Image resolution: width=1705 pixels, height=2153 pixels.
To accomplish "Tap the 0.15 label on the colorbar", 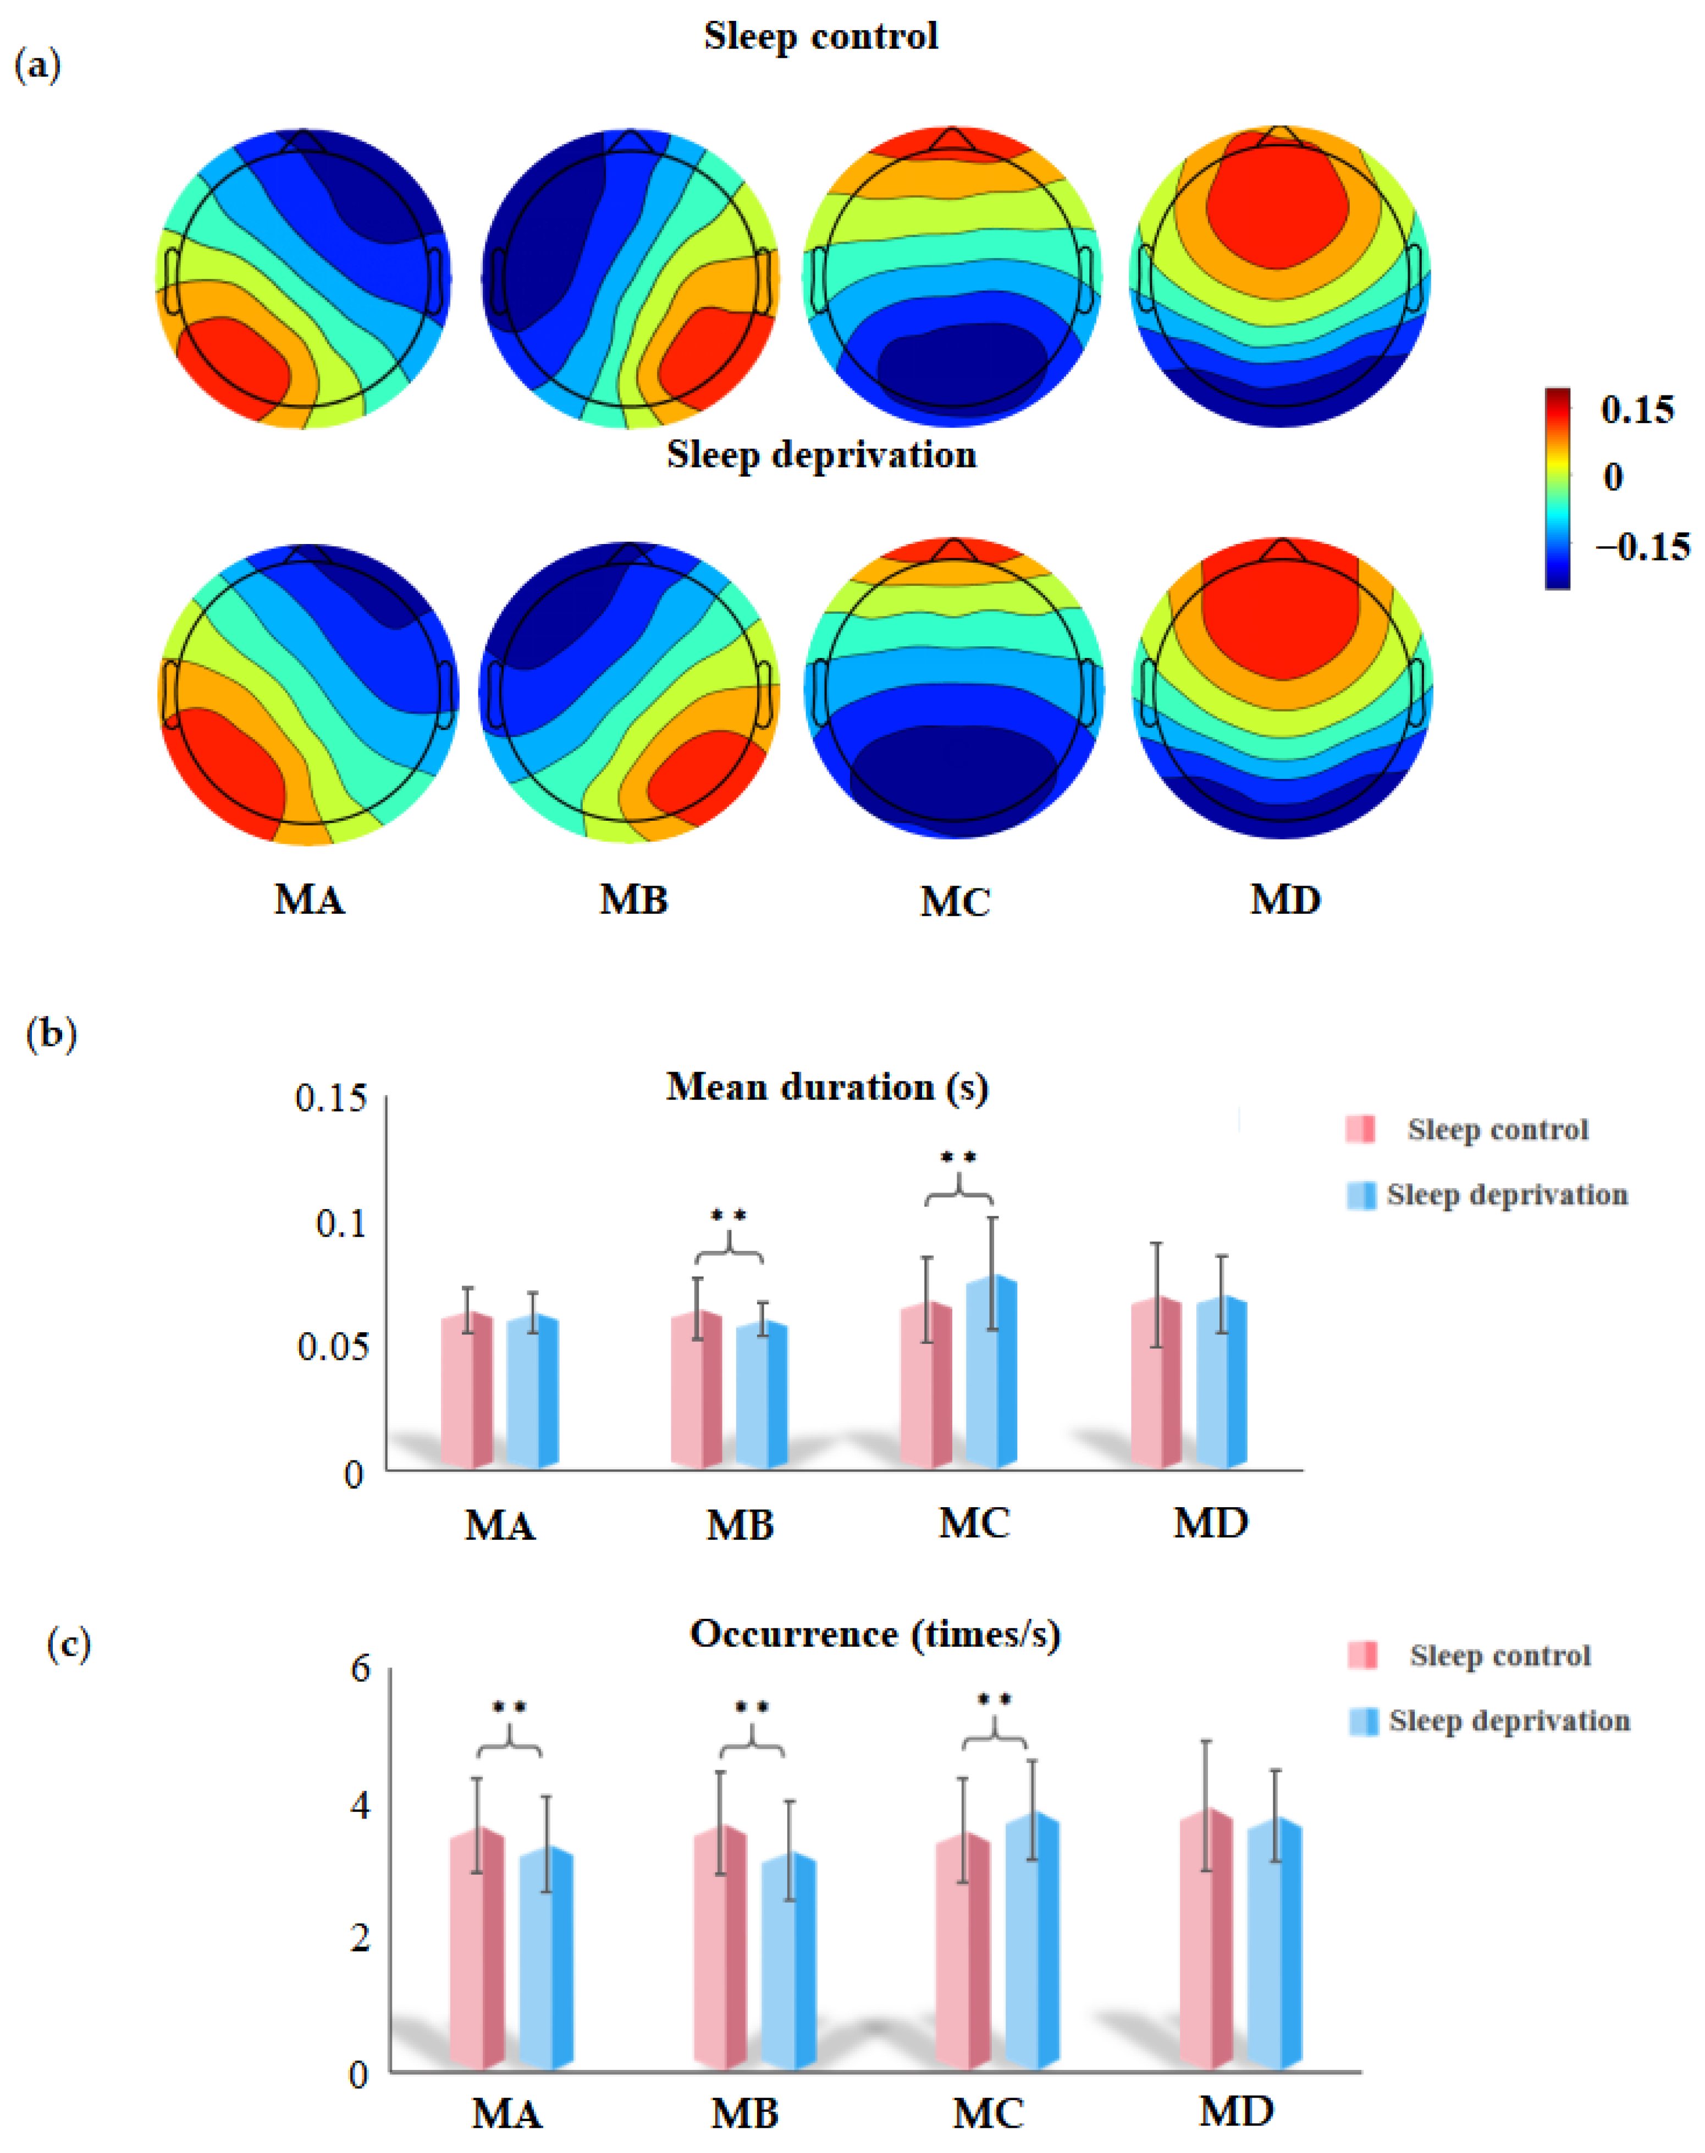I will [1637, 409].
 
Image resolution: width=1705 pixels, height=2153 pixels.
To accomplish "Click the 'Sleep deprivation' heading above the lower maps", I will [821, 455].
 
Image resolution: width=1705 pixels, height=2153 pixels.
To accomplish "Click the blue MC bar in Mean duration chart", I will [991, 1373].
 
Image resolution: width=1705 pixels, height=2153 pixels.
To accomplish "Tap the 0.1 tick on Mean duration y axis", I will [341, 1222].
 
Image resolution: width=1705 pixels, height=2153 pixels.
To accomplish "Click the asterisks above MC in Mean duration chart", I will [958, 1158].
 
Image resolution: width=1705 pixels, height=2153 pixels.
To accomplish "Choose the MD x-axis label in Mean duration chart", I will [1210, 1523].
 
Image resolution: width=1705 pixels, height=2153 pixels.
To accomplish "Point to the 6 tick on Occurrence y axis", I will [360, 1669].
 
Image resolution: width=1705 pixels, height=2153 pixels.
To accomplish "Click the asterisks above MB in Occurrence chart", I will [752, 1707].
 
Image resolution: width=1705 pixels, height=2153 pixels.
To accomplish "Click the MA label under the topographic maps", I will [310, 900].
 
